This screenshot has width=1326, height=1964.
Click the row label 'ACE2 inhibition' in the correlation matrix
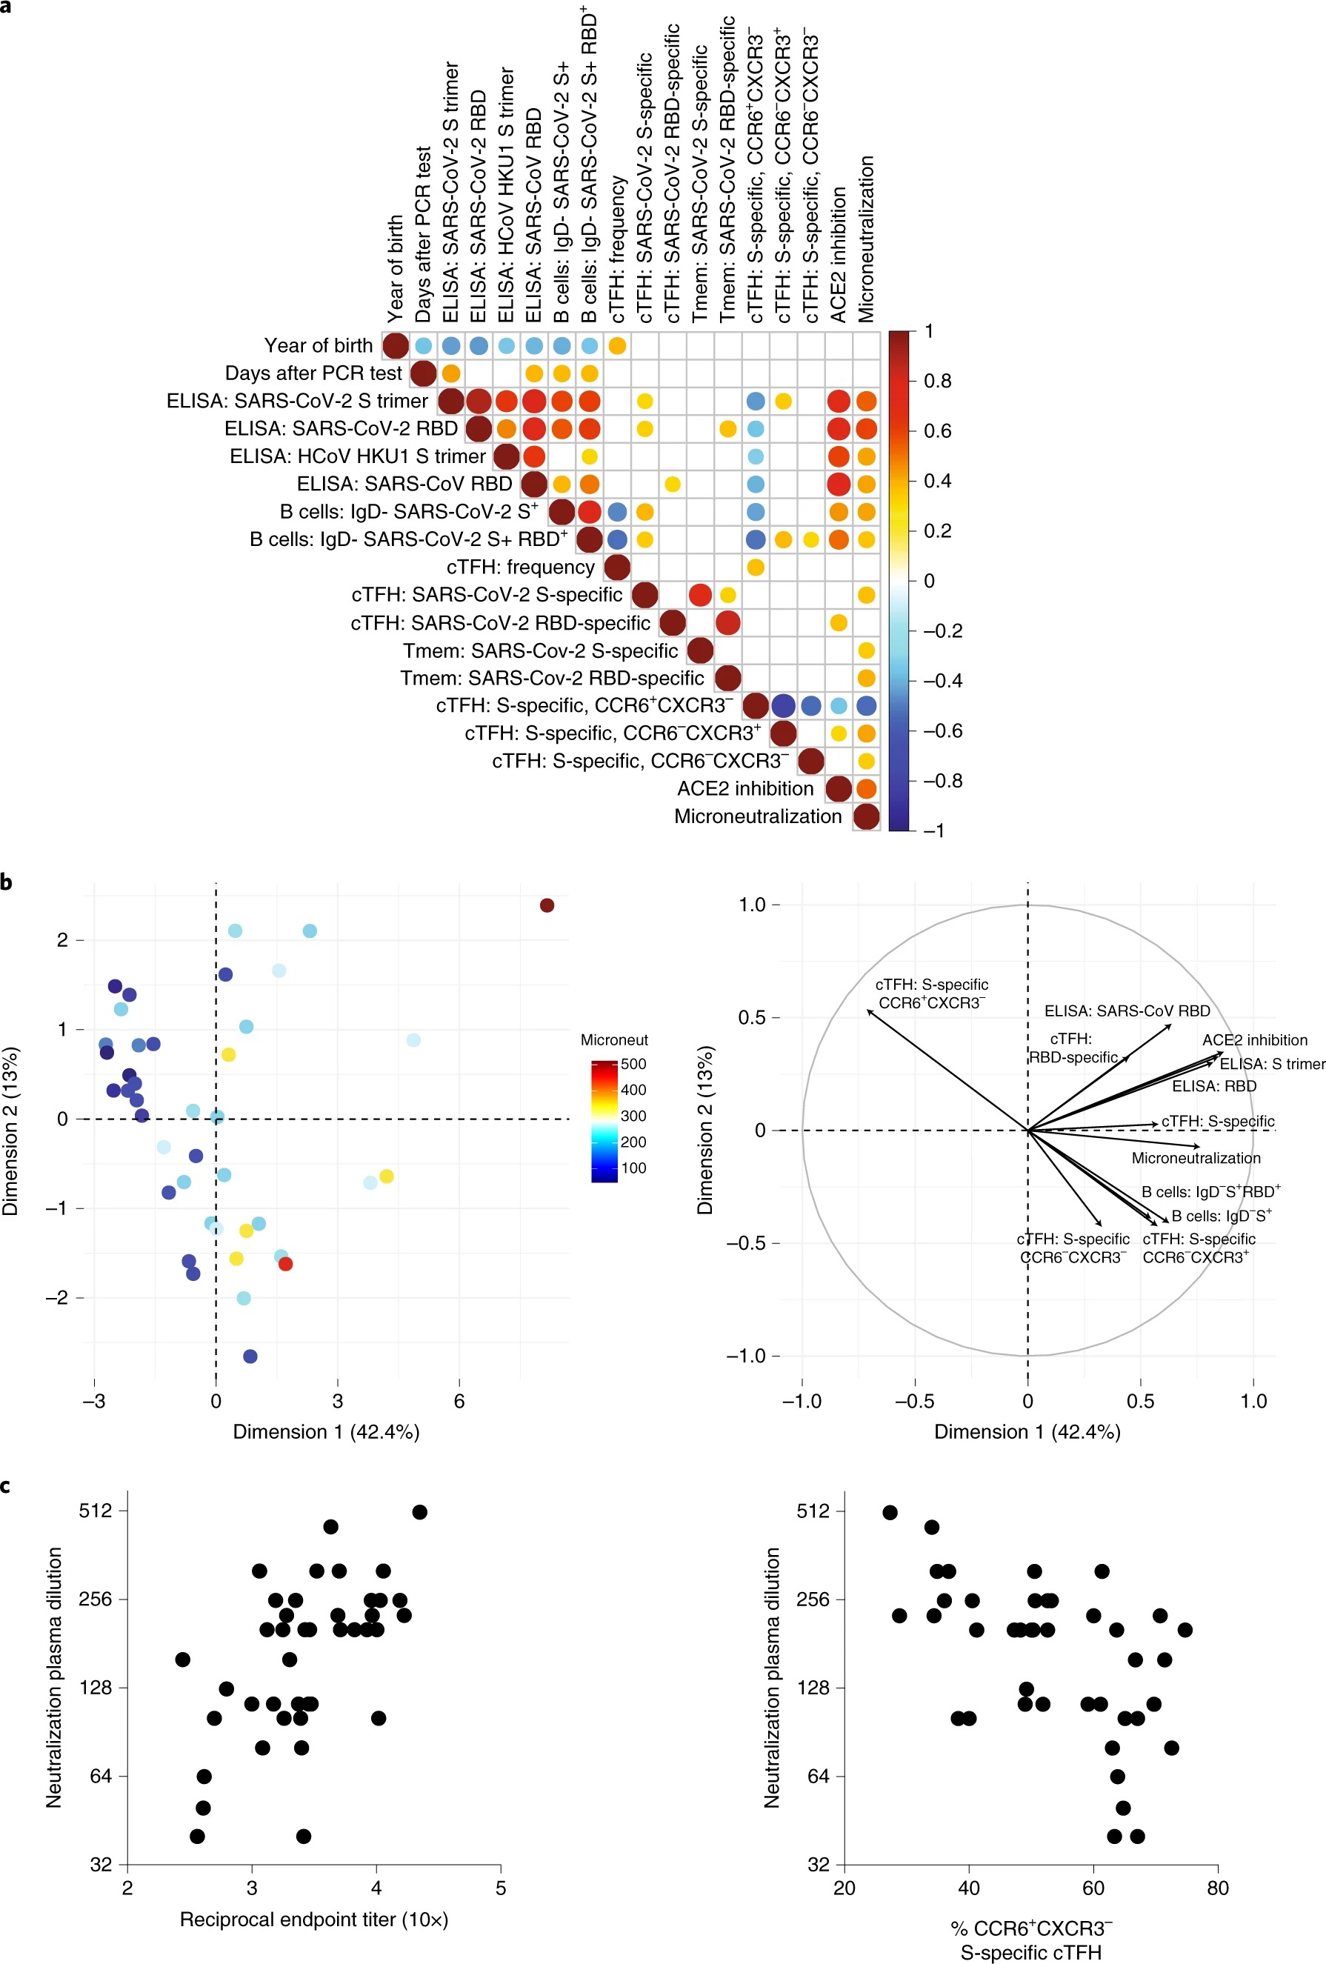point(744,788)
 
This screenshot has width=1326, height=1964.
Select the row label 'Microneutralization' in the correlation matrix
point(757,816)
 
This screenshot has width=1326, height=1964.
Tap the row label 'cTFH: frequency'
point(520,567)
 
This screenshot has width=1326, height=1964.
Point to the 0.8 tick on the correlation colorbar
point(937,381)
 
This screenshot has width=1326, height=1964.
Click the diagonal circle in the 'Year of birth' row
point(396,346)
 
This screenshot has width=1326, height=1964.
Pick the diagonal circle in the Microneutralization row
point(865,816)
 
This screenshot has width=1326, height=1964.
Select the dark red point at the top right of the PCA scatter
point(547,905)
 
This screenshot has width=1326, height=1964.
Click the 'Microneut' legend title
point(613,1039)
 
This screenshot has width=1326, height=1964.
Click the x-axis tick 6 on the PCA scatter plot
point(459,1401)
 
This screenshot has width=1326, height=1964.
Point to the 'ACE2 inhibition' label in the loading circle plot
point(1254,1040)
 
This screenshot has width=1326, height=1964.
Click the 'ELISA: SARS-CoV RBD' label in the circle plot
point(1127,1011)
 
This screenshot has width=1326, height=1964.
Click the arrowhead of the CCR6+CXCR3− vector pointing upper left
point(869,1011)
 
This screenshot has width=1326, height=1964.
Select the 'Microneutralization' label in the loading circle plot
point(1195,1159)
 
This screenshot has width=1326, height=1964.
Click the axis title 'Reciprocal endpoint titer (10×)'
point(313,1920)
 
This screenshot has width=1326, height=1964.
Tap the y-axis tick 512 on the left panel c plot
point(95,1510)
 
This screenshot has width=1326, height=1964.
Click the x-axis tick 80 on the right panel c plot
point(1217,1888)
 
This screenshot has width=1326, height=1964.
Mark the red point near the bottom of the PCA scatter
point(286,1264)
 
